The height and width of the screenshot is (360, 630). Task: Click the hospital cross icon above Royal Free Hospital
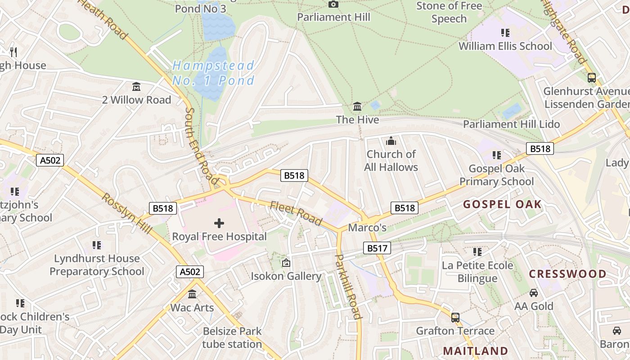219,223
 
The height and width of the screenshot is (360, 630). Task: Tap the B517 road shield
377,248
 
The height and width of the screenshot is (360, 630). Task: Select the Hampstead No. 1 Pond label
214,73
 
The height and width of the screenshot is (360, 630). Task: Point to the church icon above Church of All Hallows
391,141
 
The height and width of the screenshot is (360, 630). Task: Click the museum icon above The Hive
358,107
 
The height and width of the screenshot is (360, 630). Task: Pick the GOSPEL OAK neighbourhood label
502,205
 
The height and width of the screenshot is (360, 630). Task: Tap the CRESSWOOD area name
567,274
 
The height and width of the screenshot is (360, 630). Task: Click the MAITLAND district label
476,351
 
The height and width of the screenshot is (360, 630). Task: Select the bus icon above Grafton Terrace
455,317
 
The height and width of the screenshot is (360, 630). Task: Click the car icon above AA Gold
534,293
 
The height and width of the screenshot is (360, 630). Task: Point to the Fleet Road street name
296,213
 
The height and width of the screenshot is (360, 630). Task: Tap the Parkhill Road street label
349,287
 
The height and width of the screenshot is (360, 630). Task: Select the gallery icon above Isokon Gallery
286,263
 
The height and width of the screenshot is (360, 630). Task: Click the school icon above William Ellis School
505,32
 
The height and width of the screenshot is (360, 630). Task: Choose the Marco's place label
367,228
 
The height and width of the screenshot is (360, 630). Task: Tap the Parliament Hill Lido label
511,124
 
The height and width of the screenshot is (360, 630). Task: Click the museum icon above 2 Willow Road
136,86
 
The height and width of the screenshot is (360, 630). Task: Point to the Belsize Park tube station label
232,338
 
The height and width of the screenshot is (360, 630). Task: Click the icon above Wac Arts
192,294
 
